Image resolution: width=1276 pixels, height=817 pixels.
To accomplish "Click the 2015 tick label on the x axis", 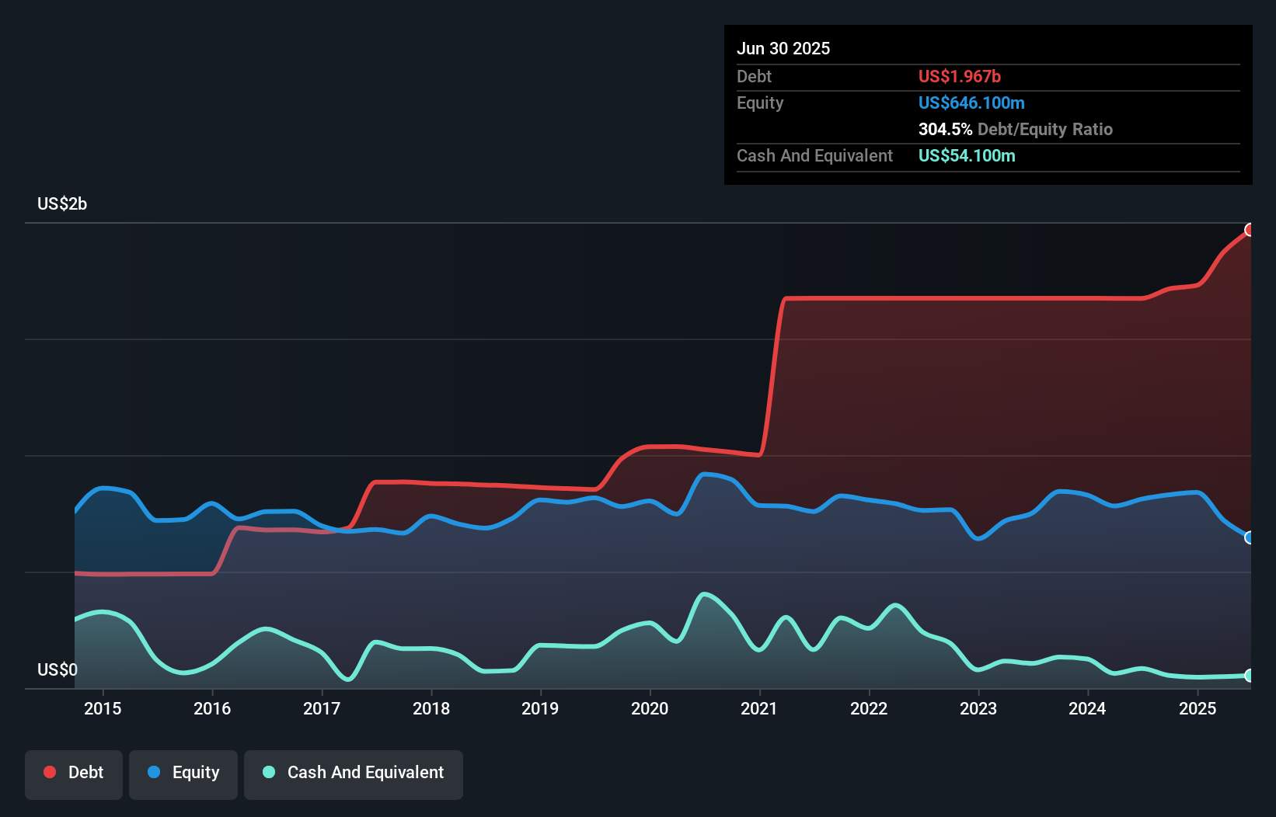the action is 103,708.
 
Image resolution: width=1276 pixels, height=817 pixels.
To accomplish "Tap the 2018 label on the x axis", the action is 431,708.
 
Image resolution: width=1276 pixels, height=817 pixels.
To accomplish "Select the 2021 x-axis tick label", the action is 759,708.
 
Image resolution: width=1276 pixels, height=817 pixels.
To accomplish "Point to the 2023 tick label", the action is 978,708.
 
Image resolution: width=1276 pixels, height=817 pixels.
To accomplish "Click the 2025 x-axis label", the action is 1198,708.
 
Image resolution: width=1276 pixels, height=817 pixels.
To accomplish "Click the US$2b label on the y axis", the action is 62,203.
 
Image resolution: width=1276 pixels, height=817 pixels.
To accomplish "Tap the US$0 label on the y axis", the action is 58,669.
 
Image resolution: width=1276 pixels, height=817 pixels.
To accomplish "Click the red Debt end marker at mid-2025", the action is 1250,230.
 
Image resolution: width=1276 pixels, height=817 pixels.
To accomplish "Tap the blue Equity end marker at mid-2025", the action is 1250,537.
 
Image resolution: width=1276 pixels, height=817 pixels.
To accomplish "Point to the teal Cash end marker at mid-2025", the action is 1250,676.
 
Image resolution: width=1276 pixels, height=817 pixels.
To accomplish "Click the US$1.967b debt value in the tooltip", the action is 959,76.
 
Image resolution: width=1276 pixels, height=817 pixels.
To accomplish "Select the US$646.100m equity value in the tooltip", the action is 971,103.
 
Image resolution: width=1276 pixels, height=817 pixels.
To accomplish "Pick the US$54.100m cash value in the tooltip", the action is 966,155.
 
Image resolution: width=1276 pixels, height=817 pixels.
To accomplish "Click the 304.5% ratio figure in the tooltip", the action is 945,129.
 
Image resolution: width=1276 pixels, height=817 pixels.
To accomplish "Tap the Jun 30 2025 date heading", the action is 783,48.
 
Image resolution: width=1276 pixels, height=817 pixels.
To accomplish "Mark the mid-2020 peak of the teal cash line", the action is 704,595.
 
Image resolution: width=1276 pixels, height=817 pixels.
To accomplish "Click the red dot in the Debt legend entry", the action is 50,772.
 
